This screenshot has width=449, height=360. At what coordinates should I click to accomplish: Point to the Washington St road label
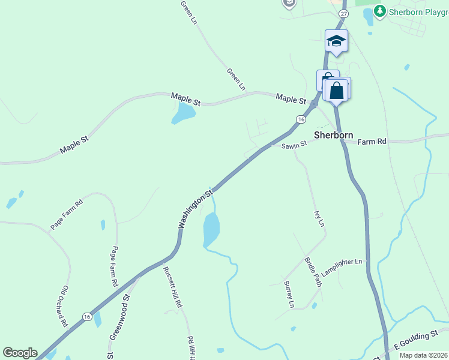point(196,209)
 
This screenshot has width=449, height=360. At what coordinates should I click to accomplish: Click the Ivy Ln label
point(319,218)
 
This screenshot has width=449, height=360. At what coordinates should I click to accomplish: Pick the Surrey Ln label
point(289,294)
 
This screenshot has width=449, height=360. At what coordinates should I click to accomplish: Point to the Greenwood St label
point(119,317)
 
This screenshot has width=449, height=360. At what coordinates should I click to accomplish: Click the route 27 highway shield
point(343,13)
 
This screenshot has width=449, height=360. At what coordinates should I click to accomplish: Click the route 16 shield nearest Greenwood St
point(88,316)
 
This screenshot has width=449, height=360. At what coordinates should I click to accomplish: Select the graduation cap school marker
point(336,41)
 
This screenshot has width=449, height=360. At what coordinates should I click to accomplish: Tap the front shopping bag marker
point(337,91)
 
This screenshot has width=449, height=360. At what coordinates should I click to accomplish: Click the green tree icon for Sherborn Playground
point(379,10)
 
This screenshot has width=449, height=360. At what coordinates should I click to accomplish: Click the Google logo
point(20,353)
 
